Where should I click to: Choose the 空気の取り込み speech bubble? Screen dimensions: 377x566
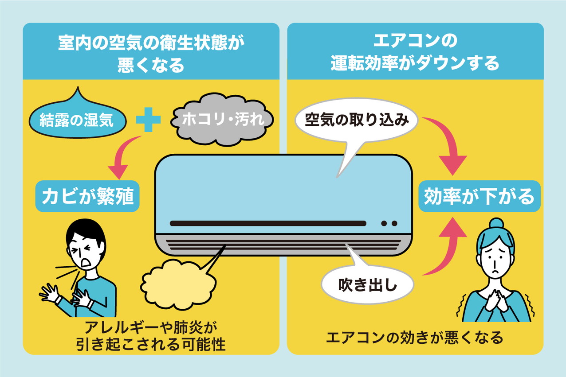coord(356,120)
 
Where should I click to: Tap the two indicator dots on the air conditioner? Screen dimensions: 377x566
coord(389,223)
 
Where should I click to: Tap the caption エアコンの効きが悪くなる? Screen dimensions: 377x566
coord(415,338)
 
